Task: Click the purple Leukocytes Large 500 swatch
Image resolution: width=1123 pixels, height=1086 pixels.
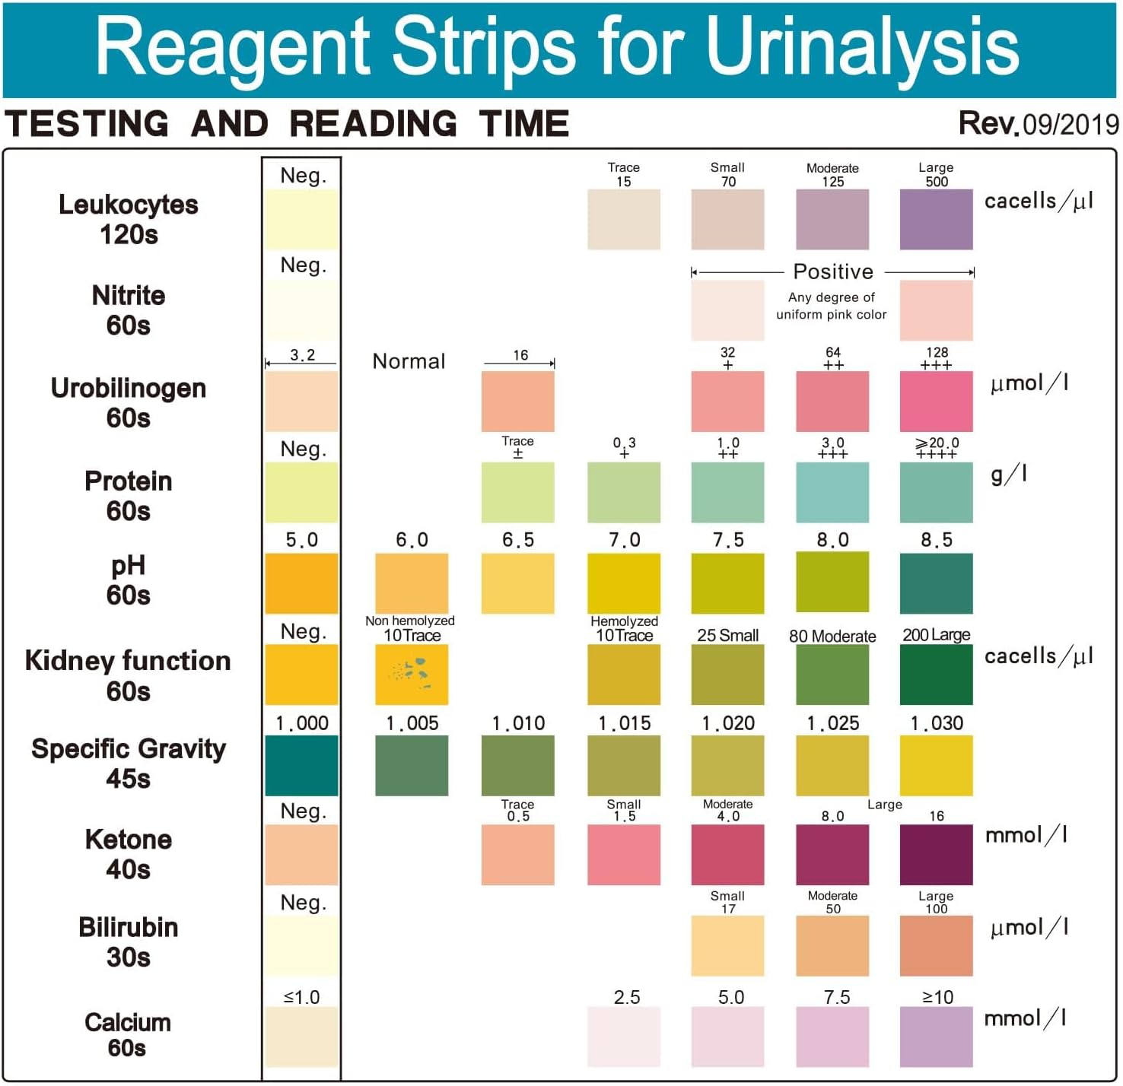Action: (x=936, y=219)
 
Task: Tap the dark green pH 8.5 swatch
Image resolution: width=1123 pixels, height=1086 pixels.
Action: (x=936, y=583)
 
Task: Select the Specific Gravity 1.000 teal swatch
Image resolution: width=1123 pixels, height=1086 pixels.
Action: (x=301, y=765)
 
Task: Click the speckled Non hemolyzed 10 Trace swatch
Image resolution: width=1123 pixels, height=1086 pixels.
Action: (x=412, y=675)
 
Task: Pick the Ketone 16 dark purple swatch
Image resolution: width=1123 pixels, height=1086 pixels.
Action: (x=936, y=855)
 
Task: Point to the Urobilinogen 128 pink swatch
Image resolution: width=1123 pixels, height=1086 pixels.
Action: (x=936, y=402)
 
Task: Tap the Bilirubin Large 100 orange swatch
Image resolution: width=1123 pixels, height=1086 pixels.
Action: (x=936, y=946)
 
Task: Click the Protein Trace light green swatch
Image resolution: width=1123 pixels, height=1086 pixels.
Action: (x=517, y=493)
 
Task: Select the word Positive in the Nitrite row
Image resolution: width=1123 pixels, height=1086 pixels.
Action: (x=833, y=271)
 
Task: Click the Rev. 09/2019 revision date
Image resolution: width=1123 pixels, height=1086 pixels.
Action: (x=1039, y=124)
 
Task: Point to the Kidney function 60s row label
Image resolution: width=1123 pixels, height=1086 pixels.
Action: (x=128, y=675)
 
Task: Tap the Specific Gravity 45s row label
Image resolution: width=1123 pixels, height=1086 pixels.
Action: (x=128, y=764)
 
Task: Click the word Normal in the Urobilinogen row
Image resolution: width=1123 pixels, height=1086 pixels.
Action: (x=409, y=361)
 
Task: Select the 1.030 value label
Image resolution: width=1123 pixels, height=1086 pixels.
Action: (x=937, y=722)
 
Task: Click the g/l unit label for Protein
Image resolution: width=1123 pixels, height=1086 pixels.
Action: (x=1009, y=475)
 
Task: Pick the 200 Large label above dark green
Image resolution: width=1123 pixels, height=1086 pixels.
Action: (x=936, y=635)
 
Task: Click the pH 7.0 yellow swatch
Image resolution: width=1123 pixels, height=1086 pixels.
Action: (x=624, y=583)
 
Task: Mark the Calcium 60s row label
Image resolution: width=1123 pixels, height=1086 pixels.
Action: (x=128, y=1034)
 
